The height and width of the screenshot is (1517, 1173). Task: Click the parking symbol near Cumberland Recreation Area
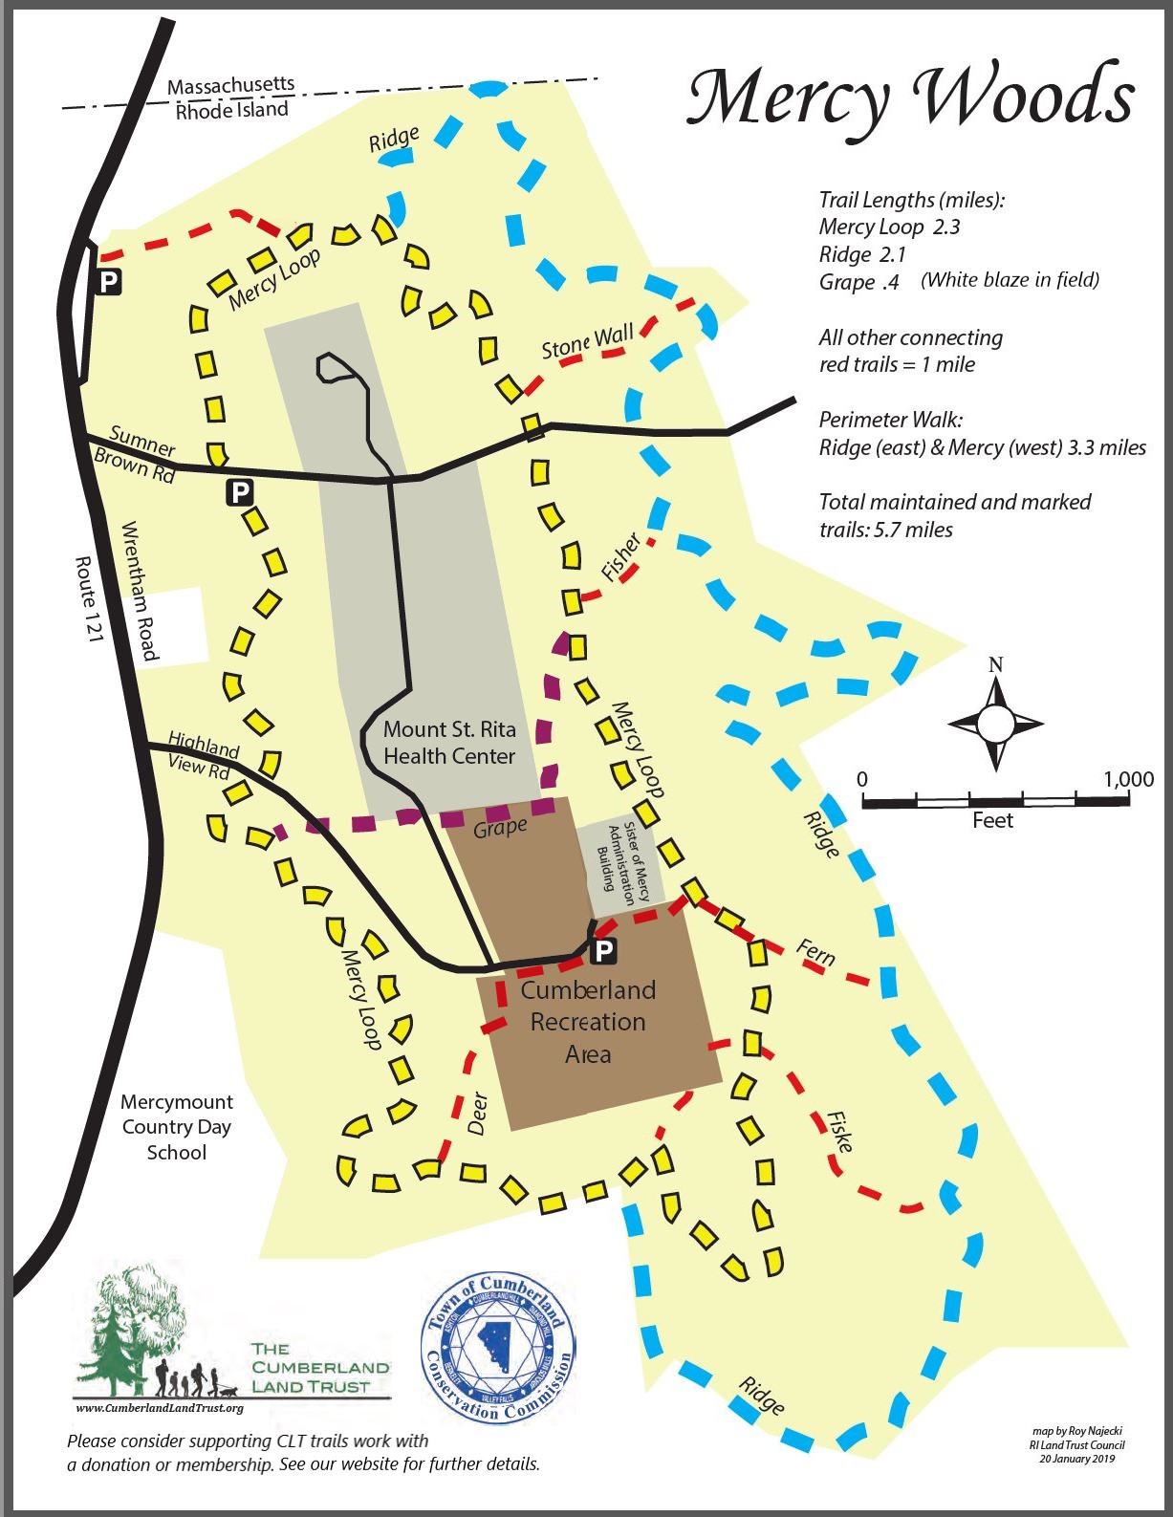[x=603, y=951]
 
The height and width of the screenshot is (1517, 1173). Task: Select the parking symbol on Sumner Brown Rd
[x=238, y=492]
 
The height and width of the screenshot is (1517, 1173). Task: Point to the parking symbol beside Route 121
[x=109, y=281]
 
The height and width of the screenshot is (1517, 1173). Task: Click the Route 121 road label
[x=87, y=599]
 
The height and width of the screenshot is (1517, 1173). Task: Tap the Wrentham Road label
[x=139, y=591]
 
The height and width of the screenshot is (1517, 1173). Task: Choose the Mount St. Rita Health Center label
[x=449, y=743]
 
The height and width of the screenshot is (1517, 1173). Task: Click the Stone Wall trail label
[x=587, y=341]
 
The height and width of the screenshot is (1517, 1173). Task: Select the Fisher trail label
[x=620, y=558]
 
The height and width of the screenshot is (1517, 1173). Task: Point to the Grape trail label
[x=500, y=828]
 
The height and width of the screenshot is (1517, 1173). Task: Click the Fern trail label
[x=815, y=953]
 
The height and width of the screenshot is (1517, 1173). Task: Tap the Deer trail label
[x=477, y=1114]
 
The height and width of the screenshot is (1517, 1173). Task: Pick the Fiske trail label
[x=840, y=1132]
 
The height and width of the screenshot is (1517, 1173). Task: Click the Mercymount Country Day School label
[x=177, y=1127]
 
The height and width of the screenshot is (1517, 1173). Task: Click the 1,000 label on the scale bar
[x=1128, y=779]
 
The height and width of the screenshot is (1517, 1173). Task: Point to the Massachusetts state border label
[x=230, y=87]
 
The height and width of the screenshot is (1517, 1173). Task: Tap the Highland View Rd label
[x=202, y=754]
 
